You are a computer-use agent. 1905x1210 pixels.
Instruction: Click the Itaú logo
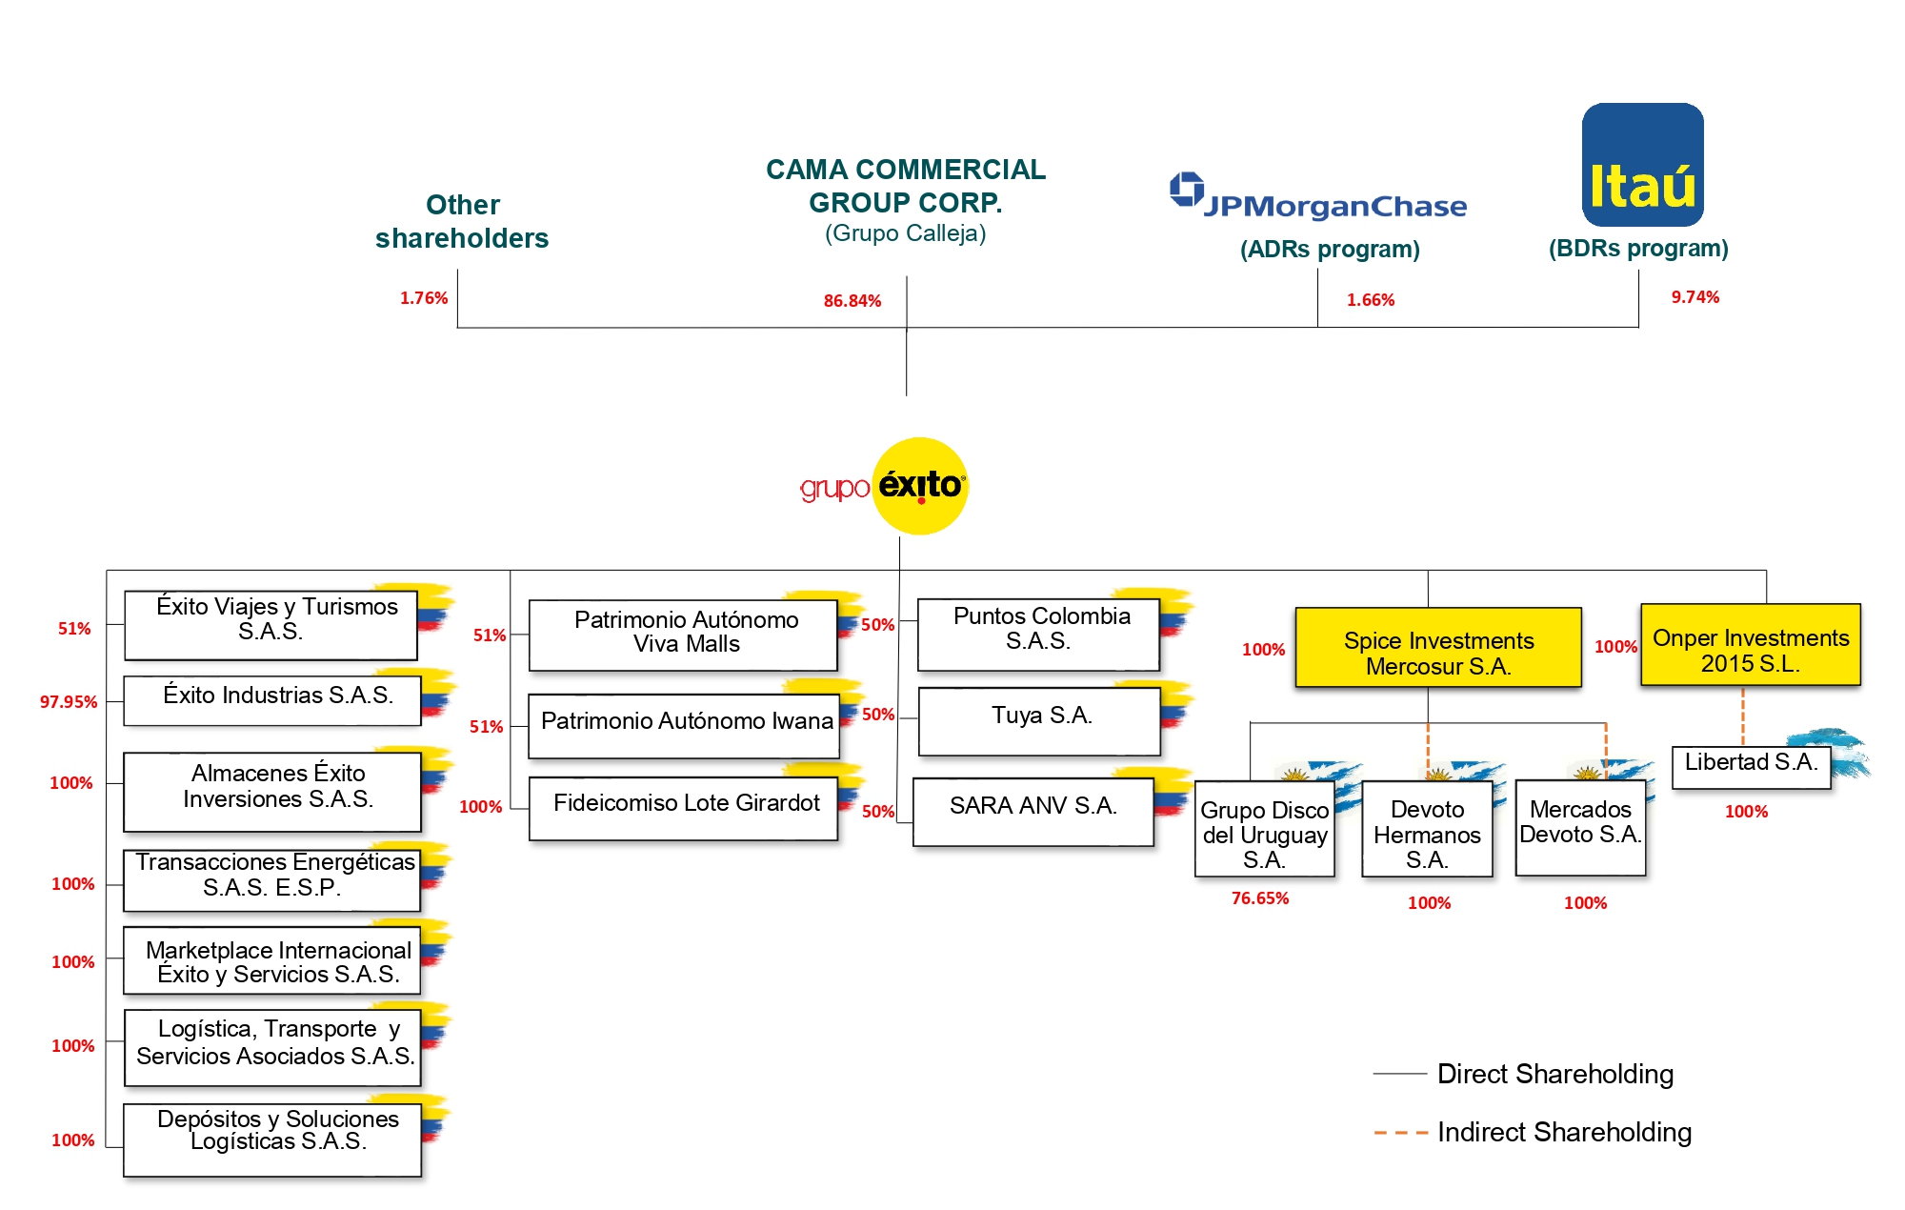pos(1642,165)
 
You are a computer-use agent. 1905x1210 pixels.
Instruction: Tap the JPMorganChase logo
pos(1318,198)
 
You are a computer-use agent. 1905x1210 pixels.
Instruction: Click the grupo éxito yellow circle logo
pos(920,486)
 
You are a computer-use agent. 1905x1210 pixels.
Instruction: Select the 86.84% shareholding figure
pos(852,301)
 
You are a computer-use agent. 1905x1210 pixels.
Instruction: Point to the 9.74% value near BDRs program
pos(1694,297)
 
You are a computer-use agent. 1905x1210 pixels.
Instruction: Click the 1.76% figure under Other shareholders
pos(423,298)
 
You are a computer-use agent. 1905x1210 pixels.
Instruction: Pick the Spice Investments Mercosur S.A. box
pos(1437,648)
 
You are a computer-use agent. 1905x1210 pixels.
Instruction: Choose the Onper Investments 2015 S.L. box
pos(1750,646)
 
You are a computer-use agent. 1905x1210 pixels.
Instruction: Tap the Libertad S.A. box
pos(1751,766)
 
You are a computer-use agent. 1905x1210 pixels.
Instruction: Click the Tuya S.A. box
pos(1039,719)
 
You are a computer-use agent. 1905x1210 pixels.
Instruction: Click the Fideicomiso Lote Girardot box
pos(684,807)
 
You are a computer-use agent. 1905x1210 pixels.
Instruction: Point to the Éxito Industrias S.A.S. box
pos(273,699)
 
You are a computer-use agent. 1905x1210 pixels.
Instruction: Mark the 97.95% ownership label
pos(69,702)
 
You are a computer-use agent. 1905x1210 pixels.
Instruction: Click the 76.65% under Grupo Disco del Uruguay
pos(1259,898)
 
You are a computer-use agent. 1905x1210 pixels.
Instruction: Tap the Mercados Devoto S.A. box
pos(1580,826)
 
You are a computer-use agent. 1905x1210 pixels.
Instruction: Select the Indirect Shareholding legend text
pos(1564,1132)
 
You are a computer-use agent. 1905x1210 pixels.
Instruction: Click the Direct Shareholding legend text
pos(1554,1074)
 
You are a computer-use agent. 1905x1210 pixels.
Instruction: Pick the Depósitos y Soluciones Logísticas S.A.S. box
pos(273,1139)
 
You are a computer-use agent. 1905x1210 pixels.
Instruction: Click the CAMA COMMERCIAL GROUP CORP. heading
pos(905,186)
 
